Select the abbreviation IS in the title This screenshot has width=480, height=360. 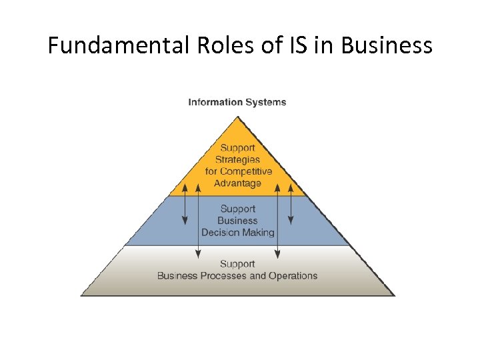tap(299, 45)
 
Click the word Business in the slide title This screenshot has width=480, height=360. tap(386, 45)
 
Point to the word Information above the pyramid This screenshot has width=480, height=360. tap(215, 102)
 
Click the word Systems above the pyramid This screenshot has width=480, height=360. tap(265, 102)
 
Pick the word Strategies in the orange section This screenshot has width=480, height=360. tap(237, 160)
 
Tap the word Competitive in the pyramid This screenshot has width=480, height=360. tap(247, 171)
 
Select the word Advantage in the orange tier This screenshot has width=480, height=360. tap(237, 183)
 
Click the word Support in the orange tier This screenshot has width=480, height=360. tap(237, 148)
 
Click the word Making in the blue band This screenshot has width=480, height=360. tap(258, 233)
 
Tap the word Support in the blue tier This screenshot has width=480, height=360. tap(237, 209)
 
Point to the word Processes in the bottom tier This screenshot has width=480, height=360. tap(219, 275)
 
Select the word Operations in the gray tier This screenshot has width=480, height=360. tap(293, 275)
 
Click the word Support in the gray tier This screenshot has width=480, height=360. tap(237, 264)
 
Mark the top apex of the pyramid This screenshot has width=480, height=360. tap(237, 117)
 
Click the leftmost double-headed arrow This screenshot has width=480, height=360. tap(185, 203)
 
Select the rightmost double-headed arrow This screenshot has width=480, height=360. tap(290, 203)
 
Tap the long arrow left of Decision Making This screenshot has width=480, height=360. tap(198, 220)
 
